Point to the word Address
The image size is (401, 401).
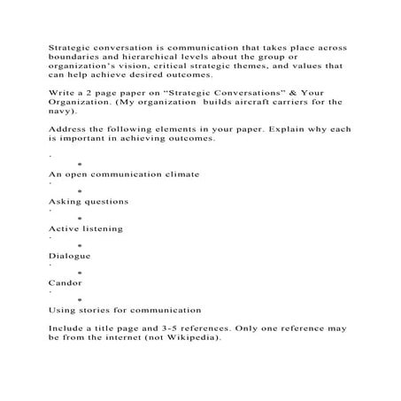[65, 129]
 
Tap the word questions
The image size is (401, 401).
[103, 201]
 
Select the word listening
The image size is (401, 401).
[98, 228]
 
